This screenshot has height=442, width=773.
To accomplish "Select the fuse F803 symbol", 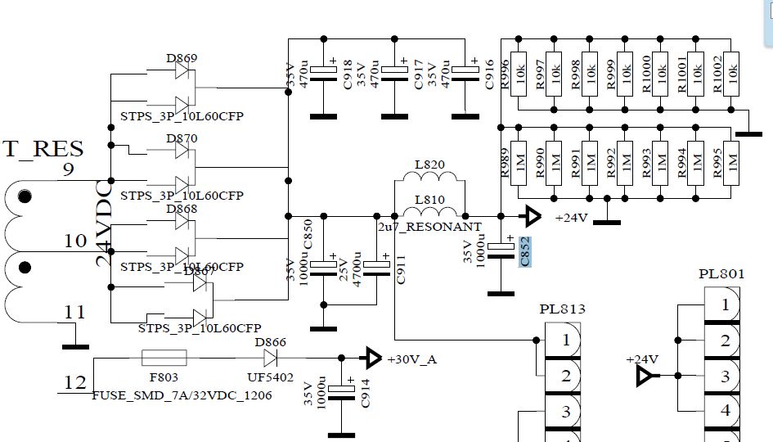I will pos(164,358).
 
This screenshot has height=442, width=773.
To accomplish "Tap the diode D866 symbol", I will pos(267,358).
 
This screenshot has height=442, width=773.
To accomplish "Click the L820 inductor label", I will pos(429,165).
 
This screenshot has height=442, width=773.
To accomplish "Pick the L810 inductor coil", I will pos(429,212).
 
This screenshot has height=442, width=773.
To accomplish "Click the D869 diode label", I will pos(182,58).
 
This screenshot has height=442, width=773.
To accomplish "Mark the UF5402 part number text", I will pos(270,379).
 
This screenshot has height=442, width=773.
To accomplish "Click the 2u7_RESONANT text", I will pos(429,226).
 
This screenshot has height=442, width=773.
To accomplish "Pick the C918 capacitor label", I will pos(347,74).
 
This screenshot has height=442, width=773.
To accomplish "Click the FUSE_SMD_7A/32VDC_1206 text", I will pos(182,395).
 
